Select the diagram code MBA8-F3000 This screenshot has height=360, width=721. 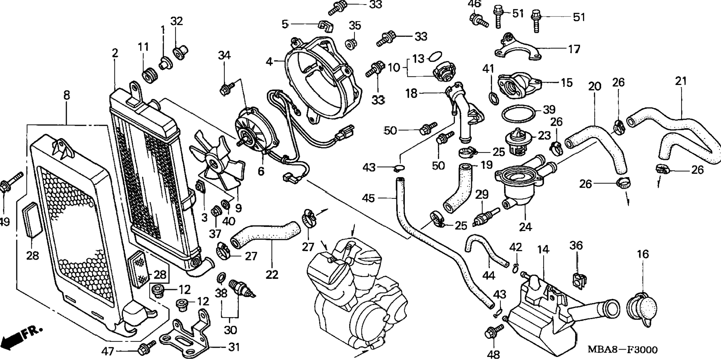pos(623,350)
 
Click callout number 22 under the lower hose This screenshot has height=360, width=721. pos(272,275)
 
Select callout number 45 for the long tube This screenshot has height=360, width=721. pos(368,198)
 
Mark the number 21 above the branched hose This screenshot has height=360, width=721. pos(681,81)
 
